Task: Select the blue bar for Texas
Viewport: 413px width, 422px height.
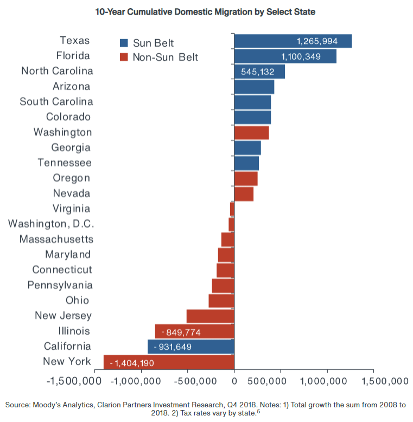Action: pyautogui.click(x=293, y=41)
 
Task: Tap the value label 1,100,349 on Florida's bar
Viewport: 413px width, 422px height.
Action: pyautogui.click(x=308, y=56)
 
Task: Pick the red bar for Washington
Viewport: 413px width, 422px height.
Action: pyautogui.click(x=251, y=133)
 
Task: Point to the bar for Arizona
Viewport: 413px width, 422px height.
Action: pyautogui.click(x=254, y=87)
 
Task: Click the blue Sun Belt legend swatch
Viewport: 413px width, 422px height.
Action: pyautogui.click(x=124, y=43)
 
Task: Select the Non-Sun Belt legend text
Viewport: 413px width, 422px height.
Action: pyautogui.click(x=166, y=57)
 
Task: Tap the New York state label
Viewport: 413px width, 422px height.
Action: pyautogui.click(x=67, y=362)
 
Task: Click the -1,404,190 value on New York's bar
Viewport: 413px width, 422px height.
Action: pyautogui.click(x=132, y=362)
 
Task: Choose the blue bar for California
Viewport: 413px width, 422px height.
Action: pyautogui.click(x=190, y=347)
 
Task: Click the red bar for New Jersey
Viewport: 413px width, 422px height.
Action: pyautogui.click(x=210, y=316)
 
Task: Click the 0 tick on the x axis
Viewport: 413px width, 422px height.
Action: pyautogui.click(x=234, y=381)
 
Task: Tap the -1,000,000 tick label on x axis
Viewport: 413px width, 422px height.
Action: pyautogui.click(x=141, y=381)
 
